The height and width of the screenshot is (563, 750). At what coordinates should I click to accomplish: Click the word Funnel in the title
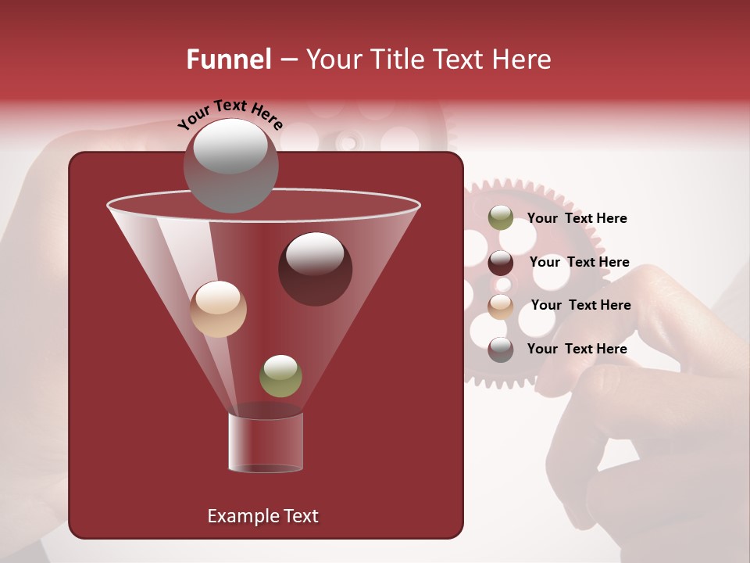click(228, 59)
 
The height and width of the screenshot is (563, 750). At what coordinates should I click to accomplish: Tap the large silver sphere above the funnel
click(230, 166)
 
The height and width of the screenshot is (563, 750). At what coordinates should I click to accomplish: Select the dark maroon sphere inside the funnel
click(315, 269)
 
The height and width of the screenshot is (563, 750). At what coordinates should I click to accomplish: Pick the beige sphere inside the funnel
click(218, 309)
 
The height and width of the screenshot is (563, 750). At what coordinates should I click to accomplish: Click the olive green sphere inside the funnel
click(280, 375)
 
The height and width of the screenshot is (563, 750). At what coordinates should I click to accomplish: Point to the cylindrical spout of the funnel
click(265, 443)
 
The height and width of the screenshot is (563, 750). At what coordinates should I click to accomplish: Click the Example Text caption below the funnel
click(262, 516)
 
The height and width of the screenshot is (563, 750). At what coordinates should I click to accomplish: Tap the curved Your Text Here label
click(230, 115)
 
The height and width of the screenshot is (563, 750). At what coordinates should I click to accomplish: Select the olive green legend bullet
click(501, 218)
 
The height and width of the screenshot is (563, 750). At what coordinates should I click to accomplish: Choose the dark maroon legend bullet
click(501, 263)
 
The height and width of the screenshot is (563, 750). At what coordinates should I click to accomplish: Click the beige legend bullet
click(501, 307)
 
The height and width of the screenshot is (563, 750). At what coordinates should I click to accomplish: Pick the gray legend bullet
click(501, 350)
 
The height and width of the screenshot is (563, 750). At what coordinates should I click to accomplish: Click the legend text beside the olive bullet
click(577, 218)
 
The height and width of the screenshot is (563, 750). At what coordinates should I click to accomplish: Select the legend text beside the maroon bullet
click(579, 262)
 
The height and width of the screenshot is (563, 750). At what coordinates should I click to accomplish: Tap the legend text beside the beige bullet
click(580, 305)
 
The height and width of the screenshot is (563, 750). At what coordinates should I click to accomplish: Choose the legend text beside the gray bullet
click(577, 349)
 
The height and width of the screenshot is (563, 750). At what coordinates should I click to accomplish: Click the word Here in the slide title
click(523, 59)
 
